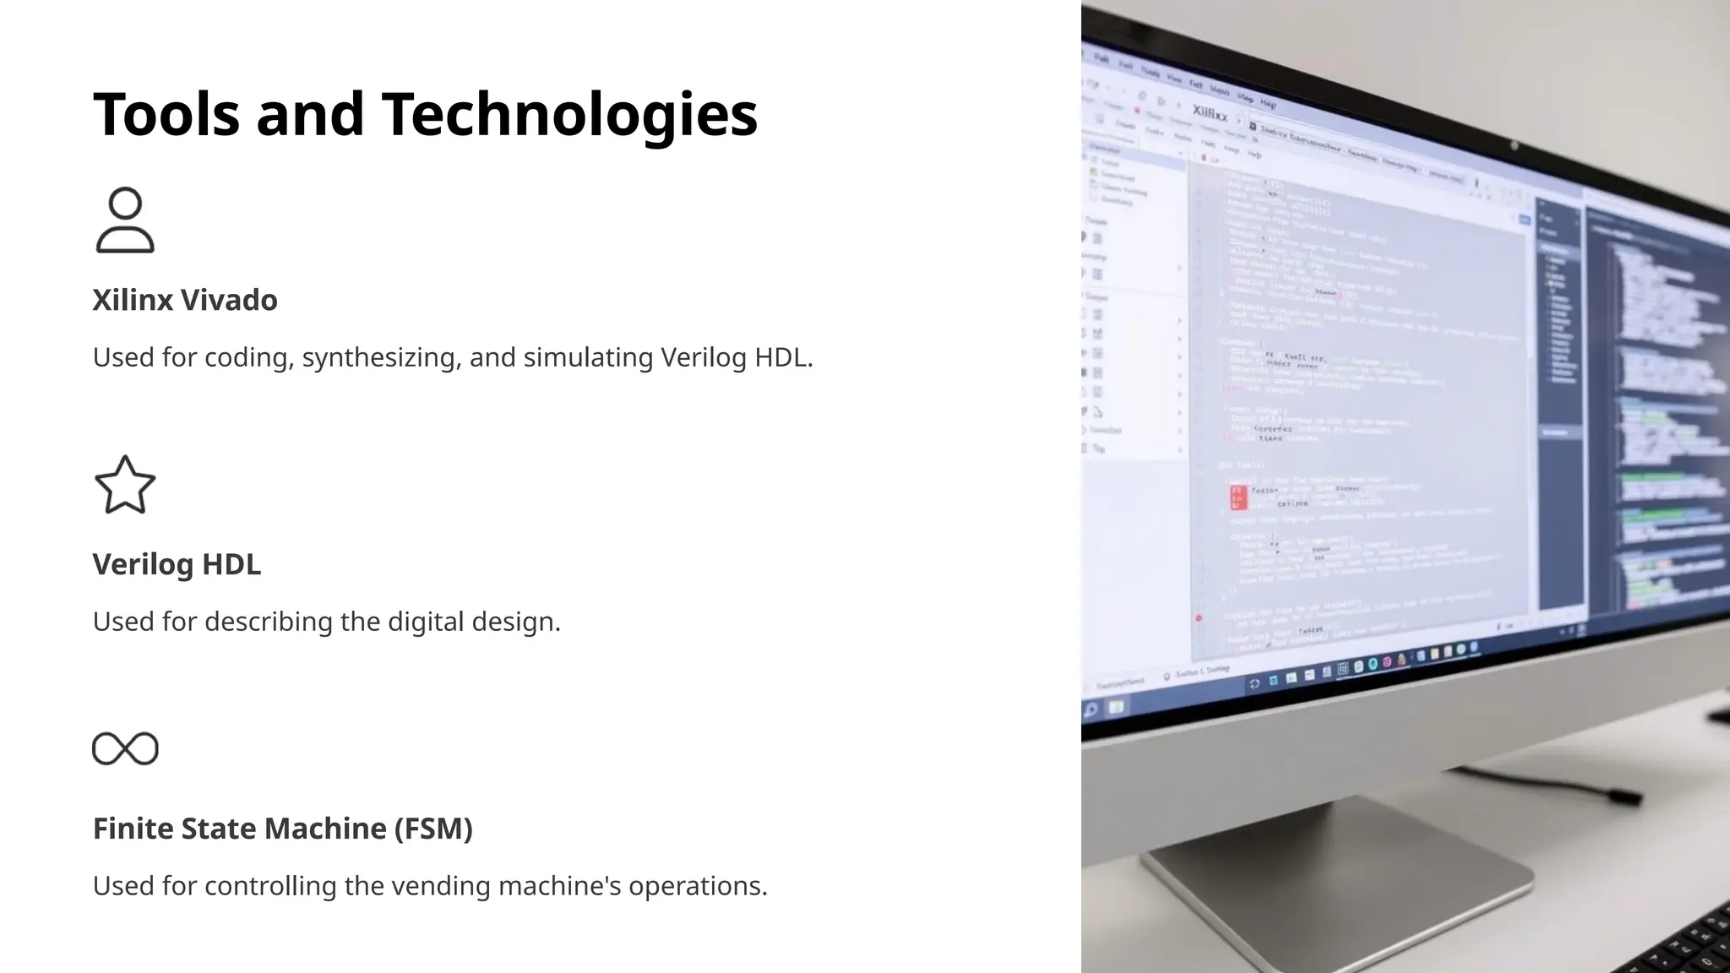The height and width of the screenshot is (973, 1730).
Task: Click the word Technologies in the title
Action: (569, 114)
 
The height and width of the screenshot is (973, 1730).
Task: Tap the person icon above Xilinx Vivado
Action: (125, 220)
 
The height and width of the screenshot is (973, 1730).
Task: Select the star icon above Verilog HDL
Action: (125, 485)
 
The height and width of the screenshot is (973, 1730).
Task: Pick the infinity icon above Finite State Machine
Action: (125, 748)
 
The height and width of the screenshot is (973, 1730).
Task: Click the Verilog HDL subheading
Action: (177, 564)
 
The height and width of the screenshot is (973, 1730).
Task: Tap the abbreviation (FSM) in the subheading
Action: (433, 829)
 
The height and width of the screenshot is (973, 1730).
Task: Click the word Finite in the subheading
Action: (133, 829)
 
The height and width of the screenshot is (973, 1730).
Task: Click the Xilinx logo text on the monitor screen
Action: (1210, 112)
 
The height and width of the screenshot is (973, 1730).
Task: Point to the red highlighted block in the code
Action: (1238, 497)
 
